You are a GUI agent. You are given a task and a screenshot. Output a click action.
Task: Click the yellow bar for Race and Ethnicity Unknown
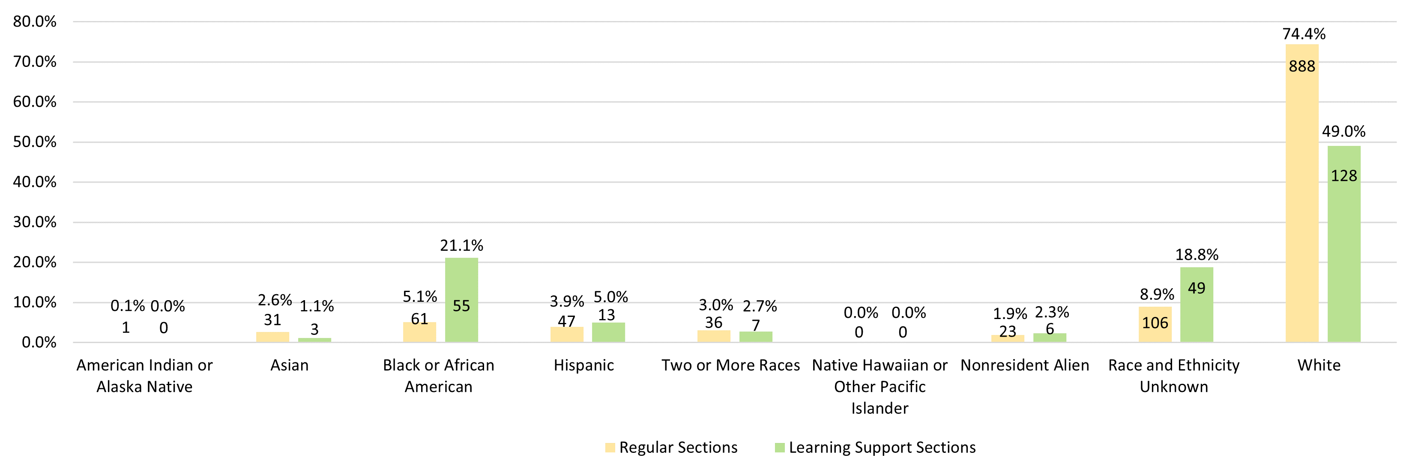pos(1155,325)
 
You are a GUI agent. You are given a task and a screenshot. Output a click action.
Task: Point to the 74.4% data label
pos(1304,34)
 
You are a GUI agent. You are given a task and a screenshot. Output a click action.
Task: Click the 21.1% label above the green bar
pos(461,245)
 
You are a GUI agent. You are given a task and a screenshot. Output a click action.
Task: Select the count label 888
pos(1302,66)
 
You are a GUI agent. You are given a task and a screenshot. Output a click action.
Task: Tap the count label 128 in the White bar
pos(1344,176)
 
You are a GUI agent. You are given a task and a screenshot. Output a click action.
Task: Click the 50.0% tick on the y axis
pos(35,142)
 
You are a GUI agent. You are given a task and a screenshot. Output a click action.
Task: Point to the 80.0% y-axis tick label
pos(35,21)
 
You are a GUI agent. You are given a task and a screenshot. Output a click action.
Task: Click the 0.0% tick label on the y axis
pos(39,342)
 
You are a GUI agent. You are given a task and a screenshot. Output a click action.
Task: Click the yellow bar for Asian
pos(272,337)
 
